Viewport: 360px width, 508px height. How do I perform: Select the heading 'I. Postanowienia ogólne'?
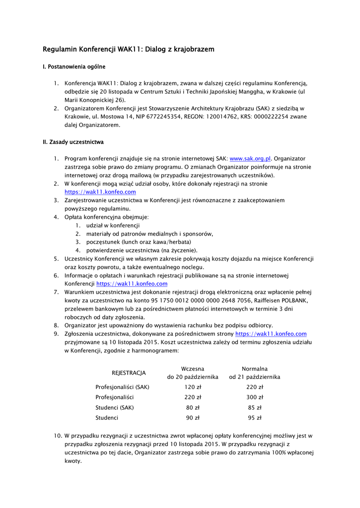tap(74, 66)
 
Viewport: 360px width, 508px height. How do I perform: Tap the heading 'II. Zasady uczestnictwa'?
tap(73, 142)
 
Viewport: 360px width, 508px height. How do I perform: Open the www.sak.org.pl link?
tap(250, 158)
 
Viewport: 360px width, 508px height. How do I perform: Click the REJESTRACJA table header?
tap(129, 373)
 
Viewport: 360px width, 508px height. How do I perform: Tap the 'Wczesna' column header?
tap(193, 369)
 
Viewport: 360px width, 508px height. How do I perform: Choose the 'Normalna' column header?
tap(255, 369)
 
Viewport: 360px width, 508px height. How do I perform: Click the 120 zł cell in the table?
tap(193, 387)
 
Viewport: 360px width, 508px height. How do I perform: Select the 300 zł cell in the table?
tap(255, 397)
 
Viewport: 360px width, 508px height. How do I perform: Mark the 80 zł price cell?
tap(193, 408)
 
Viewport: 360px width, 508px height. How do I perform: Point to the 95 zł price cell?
tap(255, 418)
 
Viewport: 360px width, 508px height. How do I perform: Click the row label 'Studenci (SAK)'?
tap(115, 408)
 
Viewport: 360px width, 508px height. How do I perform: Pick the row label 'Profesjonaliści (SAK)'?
tap(123, 387)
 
